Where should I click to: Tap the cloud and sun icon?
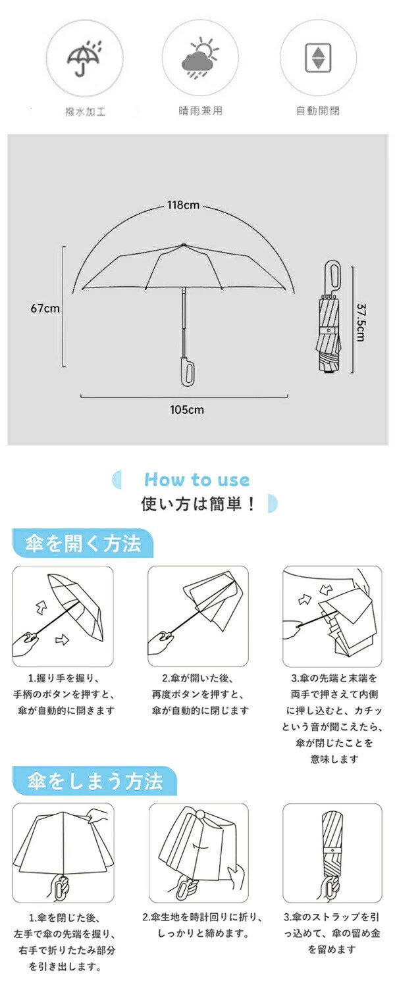(x=200, y=58)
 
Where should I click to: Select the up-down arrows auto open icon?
(x=319, y=58)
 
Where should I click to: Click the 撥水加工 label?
(x=86, y=111)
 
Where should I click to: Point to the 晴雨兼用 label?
(x=200, y=111)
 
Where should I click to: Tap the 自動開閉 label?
(x=318, y=111)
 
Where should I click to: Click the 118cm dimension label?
(x=183, y=205)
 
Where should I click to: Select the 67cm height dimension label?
(x=45, y=308)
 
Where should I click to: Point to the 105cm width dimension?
(x=187, y=409)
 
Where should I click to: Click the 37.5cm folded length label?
(x=361, y=322)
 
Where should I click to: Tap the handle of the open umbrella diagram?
(x=187, y=370)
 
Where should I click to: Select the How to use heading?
(x=197, y=480)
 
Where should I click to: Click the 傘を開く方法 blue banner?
(x=83, y=543)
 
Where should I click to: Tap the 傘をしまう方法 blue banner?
(x=95, y=781)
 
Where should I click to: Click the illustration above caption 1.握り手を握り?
(x=63, y=616)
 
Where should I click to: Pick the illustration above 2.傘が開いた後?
(x=198, y=616)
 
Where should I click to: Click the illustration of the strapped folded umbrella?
(x=332, y=853)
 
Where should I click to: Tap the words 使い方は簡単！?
(x=198, y=504)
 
